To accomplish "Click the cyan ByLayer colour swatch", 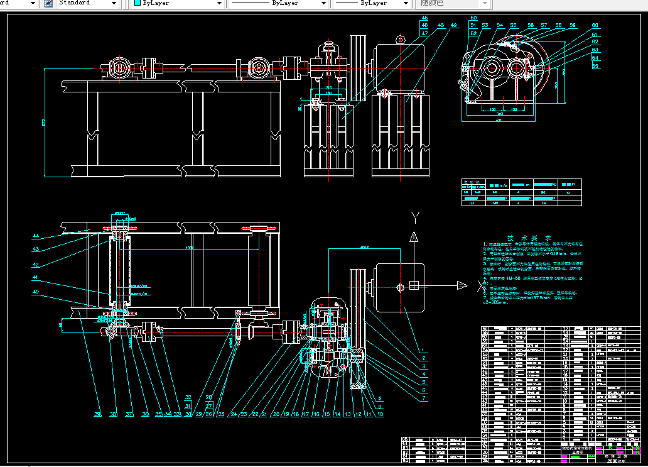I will pos(138,3).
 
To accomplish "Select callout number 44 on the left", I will pos(36,236).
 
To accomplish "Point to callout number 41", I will pos(36,277).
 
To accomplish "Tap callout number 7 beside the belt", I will pos(424,398).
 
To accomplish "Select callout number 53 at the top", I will pos(485,25).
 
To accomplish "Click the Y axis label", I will pos(414,217).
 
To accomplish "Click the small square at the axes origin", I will pos(414,286).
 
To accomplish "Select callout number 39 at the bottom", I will pos(97,414).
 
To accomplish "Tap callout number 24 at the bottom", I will pos(234,414).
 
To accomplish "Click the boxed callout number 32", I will pos(188,397).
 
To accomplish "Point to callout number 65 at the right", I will pos(595,65).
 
